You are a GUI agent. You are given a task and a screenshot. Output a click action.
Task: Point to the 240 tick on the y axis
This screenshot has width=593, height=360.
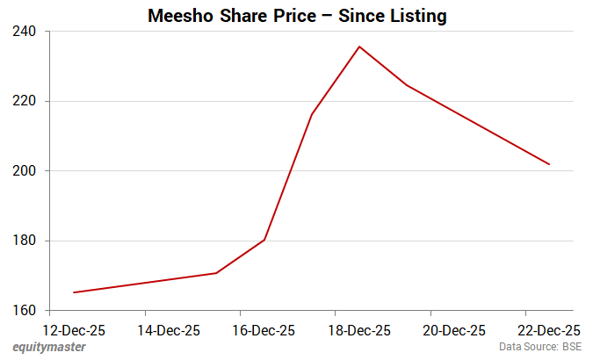pos(24,32)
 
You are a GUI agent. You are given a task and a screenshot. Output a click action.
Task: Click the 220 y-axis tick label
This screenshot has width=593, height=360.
pos(24,101)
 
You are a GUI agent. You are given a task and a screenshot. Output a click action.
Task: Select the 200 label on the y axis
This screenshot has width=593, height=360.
pos(24,170)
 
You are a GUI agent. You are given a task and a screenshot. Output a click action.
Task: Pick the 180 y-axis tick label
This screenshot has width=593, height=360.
pos(24,241)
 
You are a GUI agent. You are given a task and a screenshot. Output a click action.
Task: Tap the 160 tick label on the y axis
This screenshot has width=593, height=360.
pos(24,310)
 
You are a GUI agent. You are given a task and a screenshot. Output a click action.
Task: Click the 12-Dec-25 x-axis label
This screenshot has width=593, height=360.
pos(75,331)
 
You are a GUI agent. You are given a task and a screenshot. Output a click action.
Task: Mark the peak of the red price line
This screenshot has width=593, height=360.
pos(359,47)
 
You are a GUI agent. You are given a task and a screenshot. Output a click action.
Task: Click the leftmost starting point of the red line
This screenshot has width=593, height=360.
pos(74,292)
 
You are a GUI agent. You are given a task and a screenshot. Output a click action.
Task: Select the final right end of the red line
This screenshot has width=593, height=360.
pos(549,164)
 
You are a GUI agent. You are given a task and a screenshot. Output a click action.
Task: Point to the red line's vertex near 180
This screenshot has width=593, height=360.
pos(264,240)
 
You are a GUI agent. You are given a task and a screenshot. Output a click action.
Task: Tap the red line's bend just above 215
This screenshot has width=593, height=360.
pos(312,114)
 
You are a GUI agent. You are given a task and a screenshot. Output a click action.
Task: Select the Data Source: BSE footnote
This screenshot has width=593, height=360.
pos(540,348)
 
